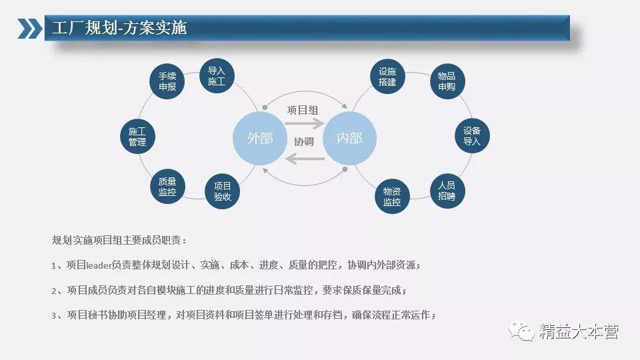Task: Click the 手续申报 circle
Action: tap(167, 81)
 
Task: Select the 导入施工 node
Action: tap(217, 76)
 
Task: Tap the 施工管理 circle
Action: tap(137, 136)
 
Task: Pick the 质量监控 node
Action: tap(167, 187)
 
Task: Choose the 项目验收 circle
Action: tap(222, 191)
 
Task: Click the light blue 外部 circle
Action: tap(260, 139)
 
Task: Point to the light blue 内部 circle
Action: tap(350, 139)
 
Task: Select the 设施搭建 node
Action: tap(387, 77)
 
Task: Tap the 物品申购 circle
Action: tap(448, 81)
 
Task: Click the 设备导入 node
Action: tap(472, 136)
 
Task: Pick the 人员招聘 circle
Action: tap(447, 191)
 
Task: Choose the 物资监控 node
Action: tap(392, 196)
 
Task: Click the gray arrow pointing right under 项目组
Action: tap(305, 123)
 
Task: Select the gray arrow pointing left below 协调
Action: tap(305, 159)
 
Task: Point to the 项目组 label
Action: tap(303, 110)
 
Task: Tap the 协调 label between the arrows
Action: tap(304, 141)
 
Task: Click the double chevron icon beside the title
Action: tap(30, 29)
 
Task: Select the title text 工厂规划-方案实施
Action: tap(119, 28)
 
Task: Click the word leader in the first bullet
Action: tap(99, 265)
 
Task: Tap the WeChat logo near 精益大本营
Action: tap(521, 330)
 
